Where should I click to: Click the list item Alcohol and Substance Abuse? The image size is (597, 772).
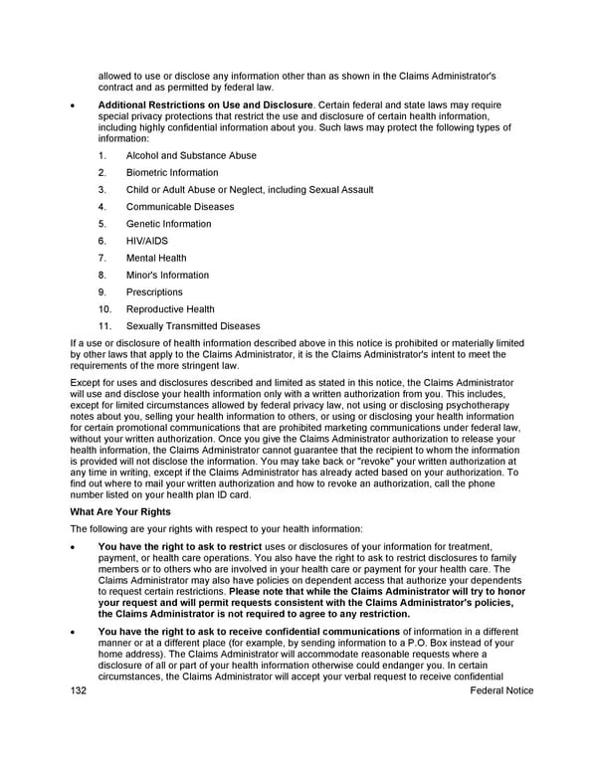191,155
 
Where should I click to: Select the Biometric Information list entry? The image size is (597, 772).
172,172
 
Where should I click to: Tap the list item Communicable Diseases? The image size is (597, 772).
180,207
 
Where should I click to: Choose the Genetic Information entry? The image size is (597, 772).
168,224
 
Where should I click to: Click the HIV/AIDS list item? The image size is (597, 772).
147,241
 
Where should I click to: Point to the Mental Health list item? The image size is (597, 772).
156,258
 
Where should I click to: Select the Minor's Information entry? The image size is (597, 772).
167,275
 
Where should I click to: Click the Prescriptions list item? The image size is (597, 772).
154,292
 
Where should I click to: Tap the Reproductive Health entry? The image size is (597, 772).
170,309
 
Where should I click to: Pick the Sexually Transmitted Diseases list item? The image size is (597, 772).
193,326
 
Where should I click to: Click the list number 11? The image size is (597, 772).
103,326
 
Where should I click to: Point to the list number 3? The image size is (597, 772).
102,190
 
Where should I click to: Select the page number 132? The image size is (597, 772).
79,690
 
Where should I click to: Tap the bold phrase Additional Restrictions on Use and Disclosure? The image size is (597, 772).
205,104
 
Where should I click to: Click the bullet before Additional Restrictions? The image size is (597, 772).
73,104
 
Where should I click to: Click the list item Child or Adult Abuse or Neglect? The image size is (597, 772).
250,190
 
